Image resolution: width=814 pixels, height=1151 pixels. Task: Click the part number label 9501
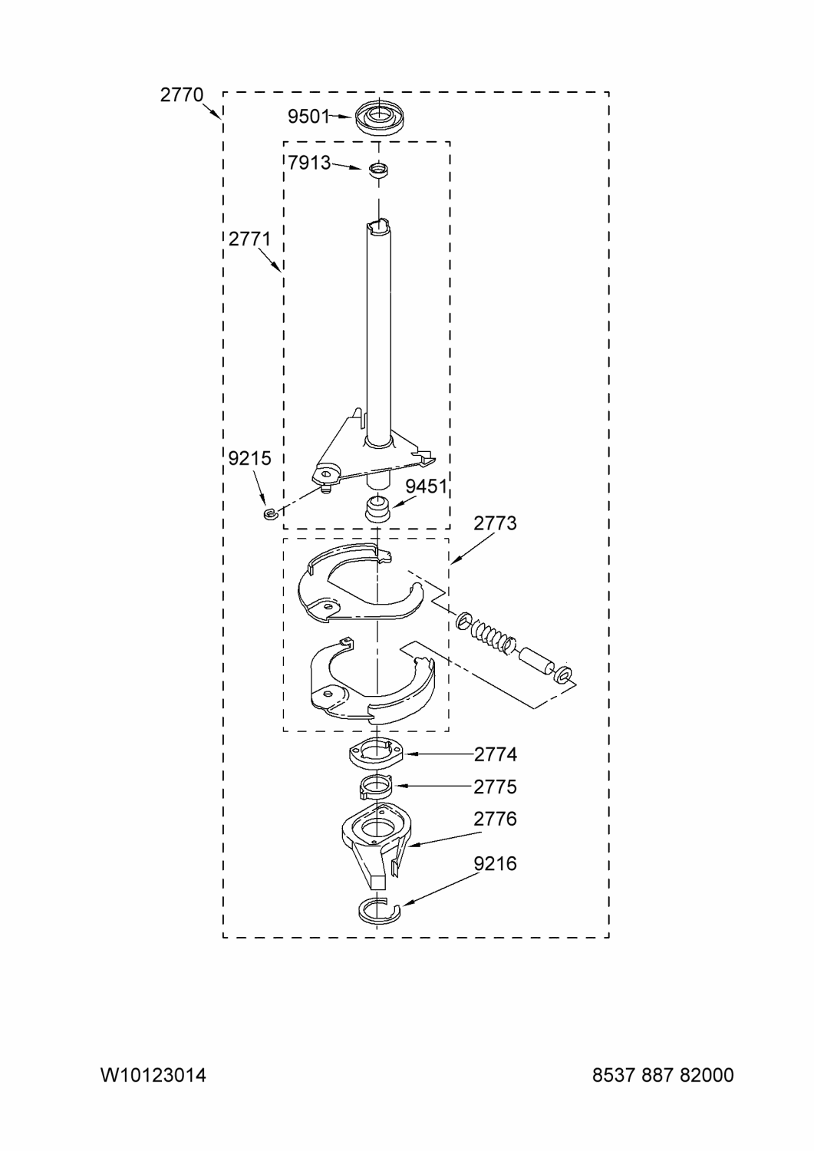click(308, 117)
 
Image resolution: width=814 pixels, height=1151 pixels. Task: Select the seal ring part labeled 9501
click(379, 118)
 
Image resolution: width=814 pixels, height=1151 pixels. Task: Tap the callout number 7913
click(309, 163)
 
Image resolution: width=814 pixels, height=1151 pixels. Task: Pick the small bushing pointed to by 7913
click(379, 170)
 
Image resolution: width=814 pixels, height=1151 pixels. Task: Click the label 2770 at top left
click(181, 95)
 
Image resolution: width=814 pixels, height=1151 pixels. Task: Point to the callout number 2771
click(249, 239)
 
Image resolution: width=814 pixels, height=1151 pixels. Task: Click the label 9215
click(249, 458)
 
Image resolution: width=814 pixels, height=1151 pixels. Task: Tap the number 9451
click(426, 486)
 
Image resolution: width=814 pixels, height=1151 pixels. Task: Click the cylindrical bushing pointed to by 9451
click(377, 510)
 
